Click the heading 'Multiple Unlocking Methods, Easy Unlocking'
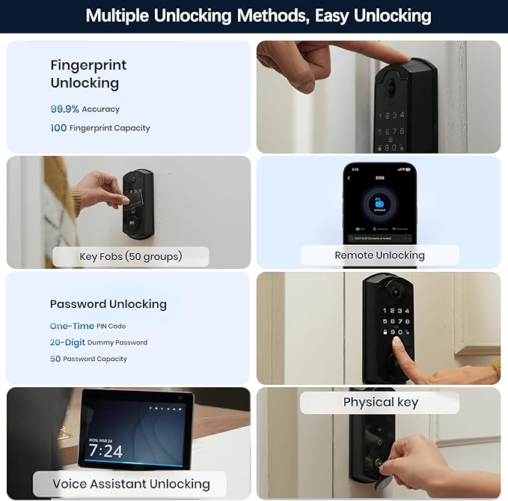pyautogui.click(x=258, y=15)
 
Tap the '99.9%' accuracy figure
pyautogui.click(x=64, y=109)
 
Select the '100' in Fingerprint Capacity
pyautogui.click(x=58, y=128)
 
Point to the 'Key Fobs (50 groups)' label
pyautogui.click(x=131, y=257)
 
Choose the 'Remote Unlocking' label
pyautogui.click(x=379, y=255)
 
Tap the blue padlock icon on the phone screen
pyautogui.click(x=379, y=204)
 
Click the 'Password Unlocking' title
pyautogui.click(x=108, y=304)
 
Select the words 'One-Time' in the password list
pyautogui.click(x=72, y=327)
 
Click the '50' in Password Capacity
pyautogui.click(x=55, y=359)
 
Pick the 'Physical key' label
pyautogui.click(x=380, y=403)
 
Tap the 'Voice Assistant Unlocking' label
pyautogui.click(x=131, y=484)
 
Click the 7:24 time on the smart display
pyautogui.click(x=105, y=451)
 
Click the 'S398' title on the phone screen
pyautogui.click(x=379, y=178)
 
